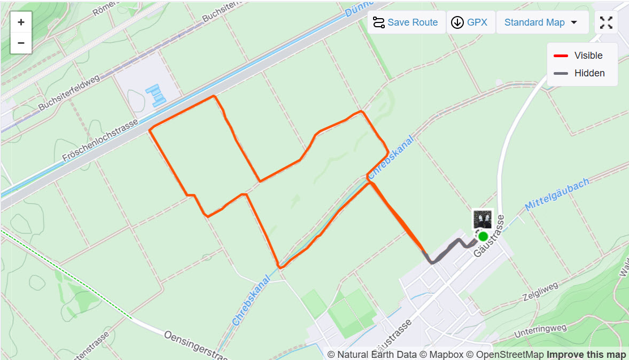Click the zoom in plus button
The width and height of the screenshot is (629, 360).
click(21, 22)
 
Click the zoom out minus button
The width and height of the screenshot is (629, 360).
click(21, 43)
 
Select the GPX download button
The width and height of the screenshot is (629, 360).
click(470, 22)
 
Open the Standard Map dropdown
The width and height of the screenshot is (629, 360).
click(542, 22)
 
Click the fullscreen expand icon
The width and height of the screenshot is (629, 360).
click(606, 22)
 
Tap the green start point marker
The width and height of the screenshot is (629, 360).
click(483, 236)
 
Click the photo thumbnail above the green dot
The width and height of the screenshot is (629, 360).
click(482, 219)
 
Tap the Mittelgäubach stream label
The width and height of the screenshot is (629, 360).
click(557, 194)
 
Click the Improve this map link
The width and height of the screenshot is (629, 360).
click(586, 355)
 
